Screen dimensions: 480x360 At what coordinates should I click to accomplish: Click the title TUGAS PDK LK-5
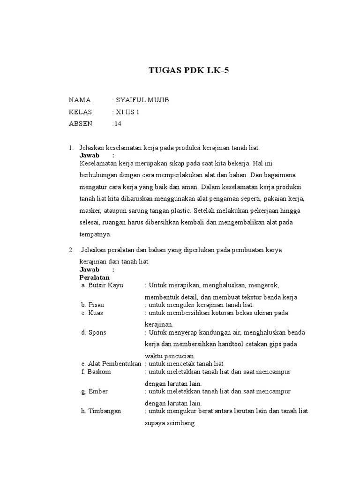[190, 71]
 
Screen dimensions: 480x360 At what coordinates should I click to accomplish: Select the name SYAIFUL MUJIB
[140, 100]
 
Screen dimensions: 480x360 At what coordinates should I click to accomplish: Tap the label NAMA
[80, 100]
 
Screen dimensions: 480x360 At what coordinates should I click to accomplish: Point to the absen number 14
[117, 124]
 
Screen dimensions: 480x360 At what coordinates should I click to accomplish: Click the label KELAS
[81, 112]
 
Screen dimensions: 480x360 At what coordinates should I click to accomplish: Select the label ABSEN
[81, 124]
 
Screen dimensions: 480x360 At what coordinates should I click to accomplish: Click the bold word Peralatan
[95, 277]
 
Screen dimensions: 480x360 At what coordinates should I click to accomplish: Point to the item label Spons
[97, 332]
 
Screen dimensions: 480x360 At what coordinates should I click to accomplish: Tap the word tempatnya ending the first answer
[96, 235]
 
